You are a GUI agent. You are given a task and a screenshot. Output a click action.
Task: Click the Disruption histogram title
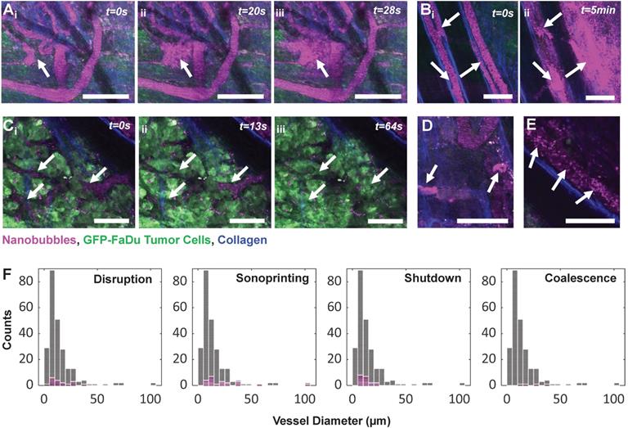[x=123, y=278]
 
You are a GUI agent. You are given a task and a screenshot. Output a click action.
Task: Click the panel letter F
[x=8, y=267]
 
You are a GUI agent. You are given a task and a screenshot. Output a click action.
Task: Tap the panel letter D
[x=424, y=126]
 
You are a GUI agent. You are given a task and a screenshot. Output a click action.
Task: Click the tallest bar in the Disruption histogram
[x=52, y=327]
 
